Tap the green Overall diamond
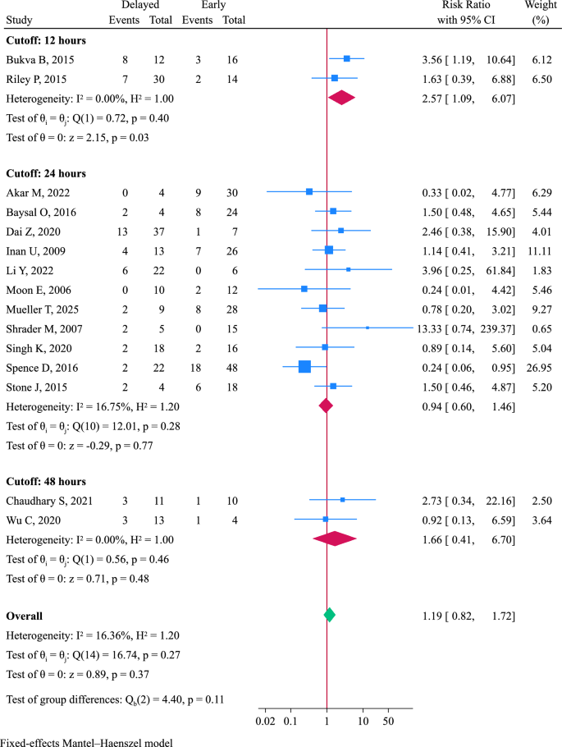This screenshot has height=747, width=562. tap(329, 614)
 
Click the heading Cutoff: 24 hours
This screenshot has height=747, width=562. tap(46, 173)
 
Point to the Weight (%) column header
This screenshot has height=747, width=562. tap(541, 12)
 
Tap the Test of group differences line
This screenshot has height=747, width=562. tap(115, 699)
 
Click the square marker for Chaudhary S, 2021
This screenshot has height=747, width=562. tap(342, 499)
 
